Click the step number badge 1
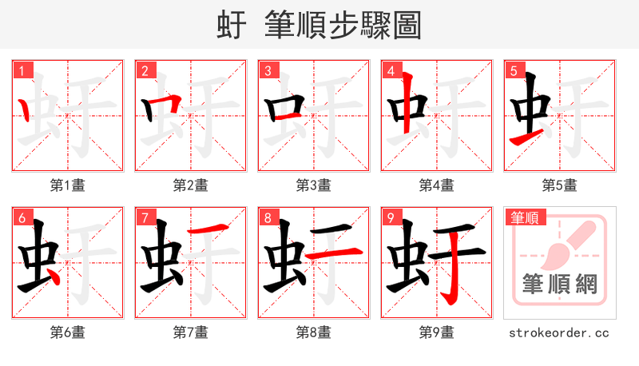point(22,70)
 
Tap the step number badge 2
point(145,70)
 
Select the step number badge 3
point(268,70)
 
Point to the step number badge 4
point(391,70)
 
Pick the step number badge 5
point(514,70)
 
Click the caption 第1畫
point(68,185)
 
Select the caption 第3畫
point(314,185)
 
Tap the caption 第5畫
point(560,185)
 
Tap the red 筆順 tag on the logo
point(523,217)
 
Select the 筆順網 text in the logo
point(559,284)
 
